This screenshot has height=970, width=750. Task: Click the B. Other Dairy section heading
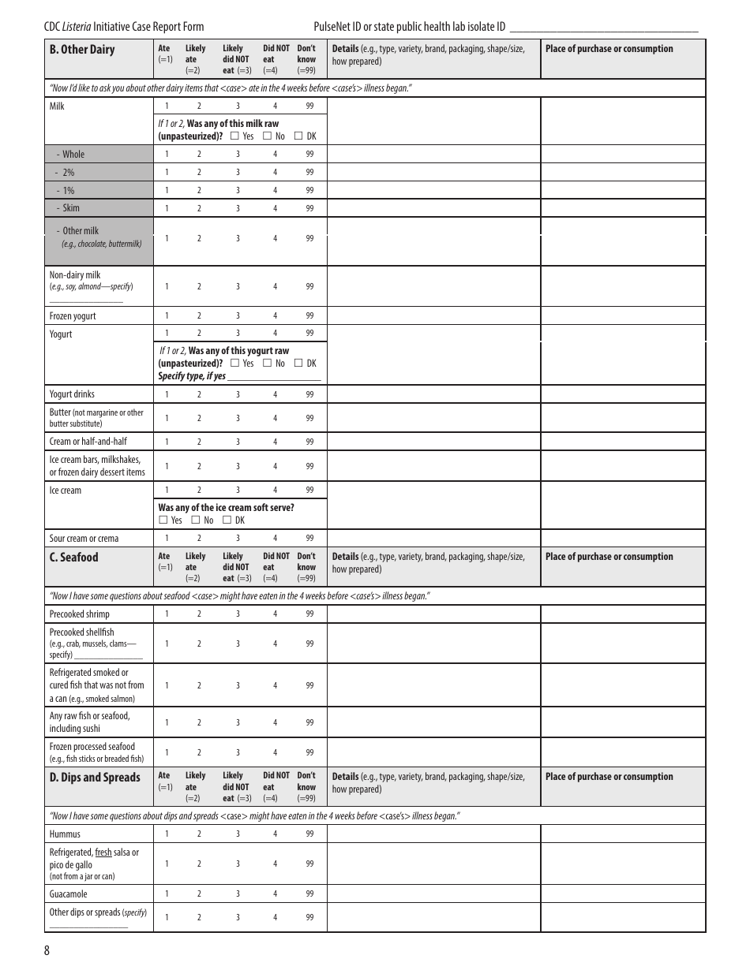click(82, 50)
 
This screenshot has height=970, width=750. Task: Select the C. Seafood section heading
click(73, 558)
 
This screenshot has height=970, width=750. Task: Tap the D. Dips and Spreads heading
click(95, 778)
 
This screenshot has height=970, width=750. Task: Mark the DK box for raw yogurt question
click(298, 364)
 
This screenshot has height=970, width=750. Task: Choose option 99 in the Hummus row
click(309, 834)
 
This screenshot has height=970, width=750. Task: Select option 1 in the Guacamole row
click(167, 894)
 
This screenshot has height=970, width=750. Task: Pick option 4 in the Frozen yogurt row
click(276, 316)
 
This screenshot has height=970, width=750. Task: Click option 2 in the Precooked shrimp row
click(199, 614)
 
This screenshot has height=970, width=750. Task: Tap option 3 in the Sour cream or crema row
click(238, 539)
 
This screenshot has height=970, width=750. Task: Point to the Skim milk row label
click(71, 208)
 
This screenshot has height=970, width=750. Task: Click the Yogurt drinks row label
click(72, 394)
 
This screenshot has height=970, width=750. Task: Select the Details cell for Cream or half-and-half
click(433, 442)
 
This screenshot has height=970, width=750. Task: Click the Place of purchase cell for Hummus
click(622, 834)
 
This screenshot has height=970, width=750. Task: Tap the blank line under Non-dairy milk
click(86, 300)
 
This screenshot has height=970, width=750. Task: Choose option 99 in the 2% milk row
click(309, 173)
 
